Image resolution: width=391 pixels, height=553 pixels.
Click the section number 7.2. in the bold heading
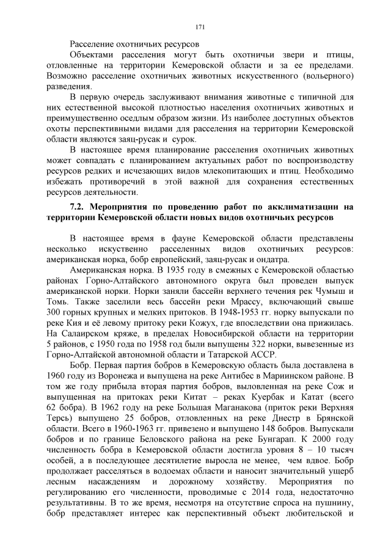pyautogui.click(x=79, y=207)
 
